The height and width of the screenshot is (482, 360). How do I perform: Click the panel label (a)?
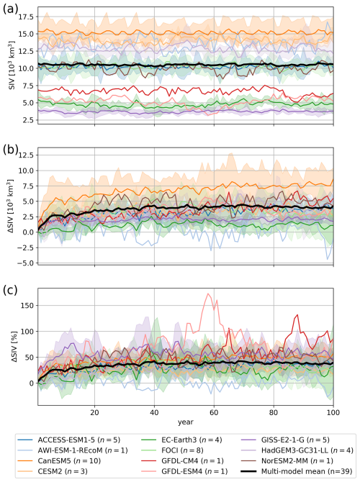coord(10,9)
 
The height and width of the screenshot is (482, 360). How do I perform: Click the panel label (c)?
coord(10,291)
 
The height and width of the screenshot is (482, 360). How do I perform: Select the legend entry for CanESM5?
coord(59,460)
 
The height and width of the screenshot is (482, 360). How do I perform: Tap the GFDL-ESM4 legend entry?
coord(184,470)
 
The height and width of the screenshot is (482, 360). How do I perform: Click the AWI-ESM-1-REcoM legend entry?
coord(73,450)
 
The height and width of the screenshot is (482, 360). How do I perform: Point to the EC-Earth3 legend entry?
coord(182,440)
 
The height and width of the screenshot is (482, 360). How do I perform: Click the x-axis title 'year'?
coord(186,422)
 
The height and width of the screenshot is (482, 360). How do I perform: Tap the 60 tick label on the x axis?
coord(214,412)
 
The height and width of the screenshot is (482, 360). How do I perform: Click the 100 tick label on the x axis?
coord(333,412)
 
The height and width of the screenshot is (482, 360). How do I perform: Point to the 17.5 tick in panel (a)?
coord(27,17)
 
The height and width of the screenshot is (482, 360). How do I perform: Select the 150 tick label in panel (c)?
coord(28,306)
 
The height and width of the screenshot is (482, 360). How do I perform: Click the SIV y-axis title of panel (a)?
coord(12,65)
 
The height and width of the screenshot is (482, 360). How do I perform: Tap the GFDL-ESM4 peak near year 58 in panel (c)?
coord(208,294)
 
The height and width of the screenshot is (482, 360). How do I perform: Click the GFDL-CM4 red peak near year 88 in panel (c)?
coord(297,315)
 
